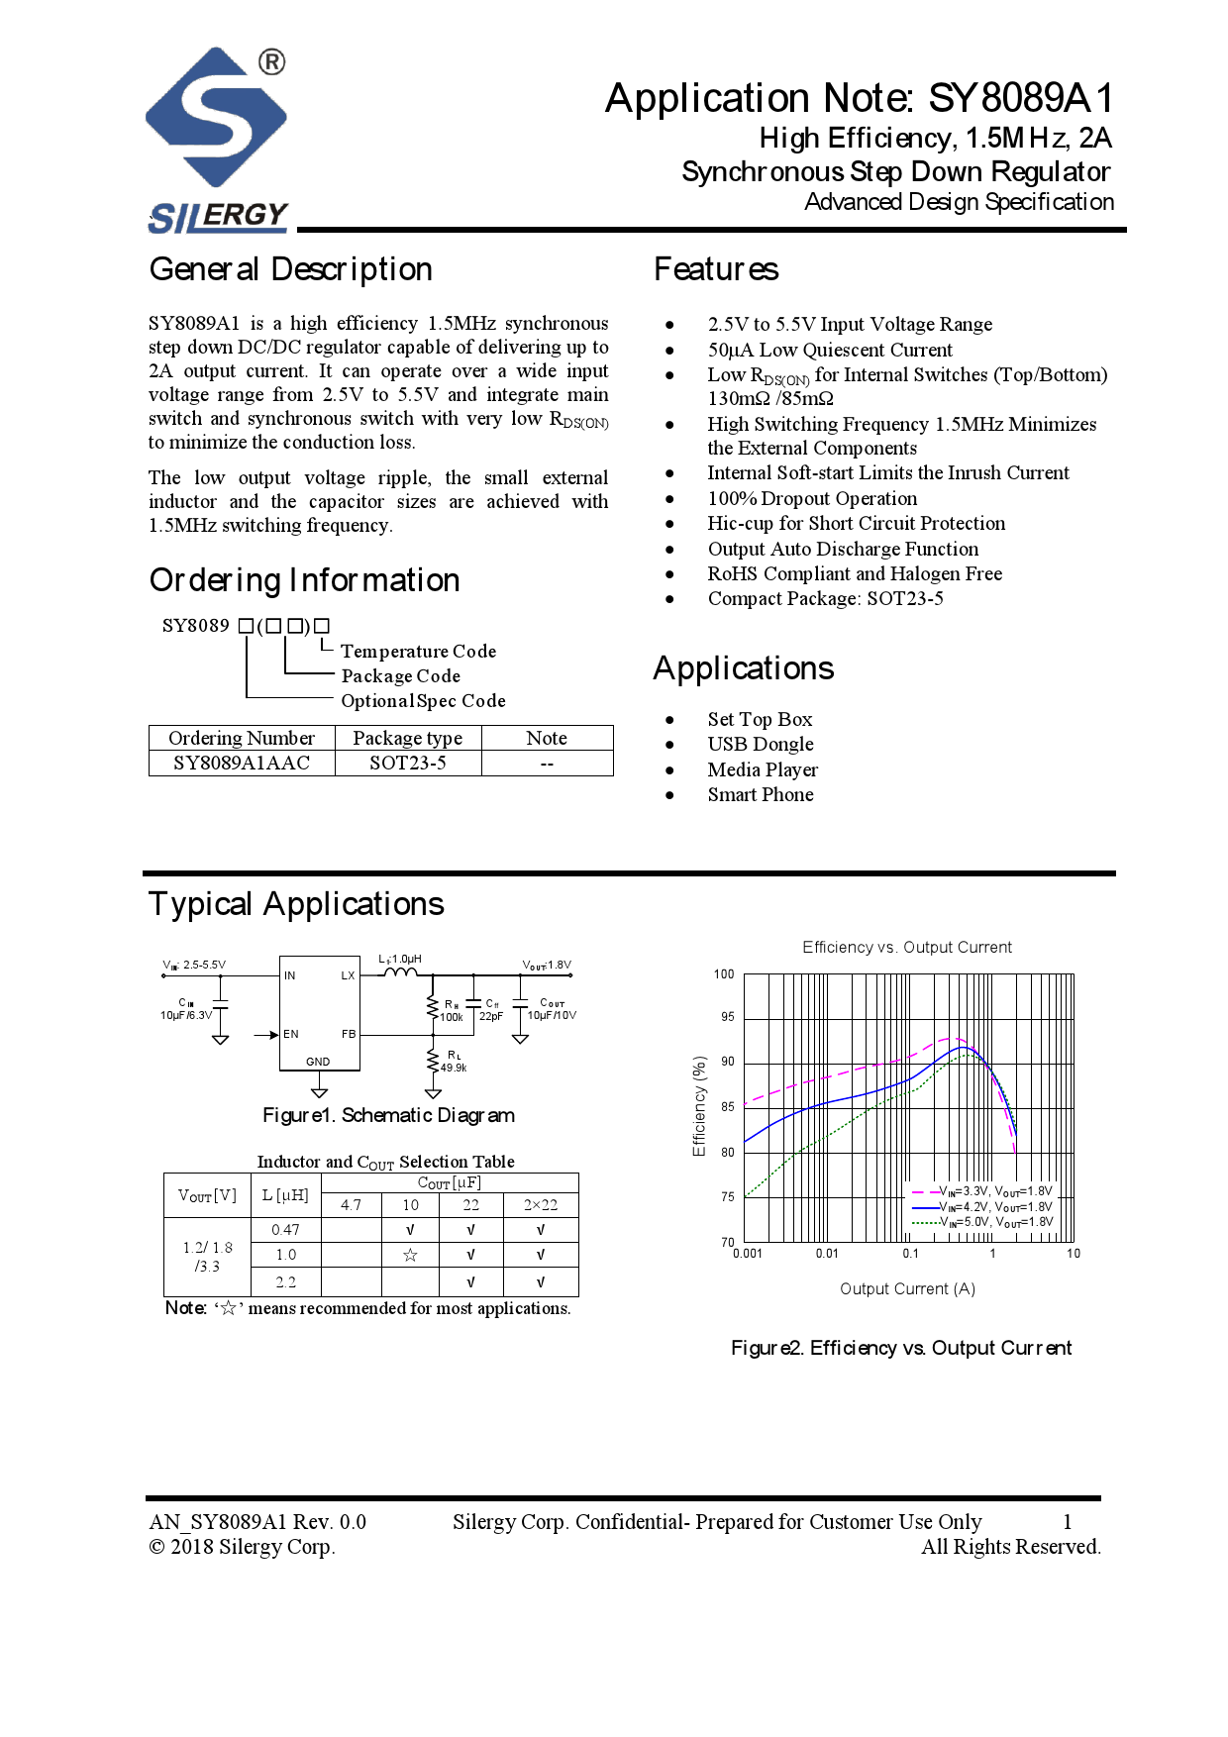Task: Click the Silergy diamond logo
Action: point(216,117)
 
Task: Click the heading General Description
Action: point(290,269)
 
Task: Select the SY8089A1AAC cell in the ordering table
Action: point(242,763)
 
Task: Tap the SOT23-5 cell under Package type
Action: point(407,763)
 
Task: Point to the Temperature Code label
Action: point(418,651)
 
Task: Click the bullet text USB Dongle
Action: point(760,744)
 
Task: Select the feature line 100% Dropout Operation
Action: point(812,498)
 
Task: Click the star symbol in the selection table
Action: point(410,1255)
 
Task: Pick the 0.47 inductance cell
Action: point(285,1229)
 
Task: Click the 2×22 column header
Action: point(541,1204)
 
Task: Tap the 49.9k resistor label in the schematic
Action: point(454,1068)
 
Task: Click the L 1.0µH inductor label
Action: point(400,959)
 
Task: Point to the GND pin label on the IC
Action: point(318,1061)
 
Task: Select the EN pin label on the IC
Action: point(290,1034)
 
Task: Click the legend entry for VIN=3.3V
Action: point(994,1191)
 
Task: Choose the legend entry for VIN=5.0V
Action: point(994,1222)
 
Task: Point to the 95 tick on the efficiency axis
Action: point(728,1017)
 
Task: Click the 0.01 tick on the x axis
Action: point(827,1254)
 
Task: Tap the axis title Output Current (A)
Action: point(907,1288)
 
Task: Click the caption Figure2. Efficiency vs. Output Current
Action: point(901,1348)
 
